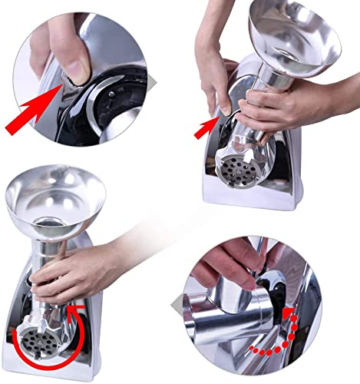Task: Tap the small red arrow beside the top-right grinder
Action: pyautogui.click(x=206, y=127)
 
